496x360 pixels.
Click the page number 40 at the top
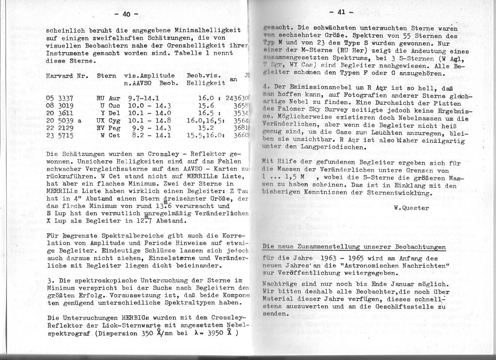126,14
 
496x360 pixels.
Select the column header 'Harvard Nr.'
67,76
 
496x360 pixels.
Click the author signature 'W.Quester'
410,208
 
